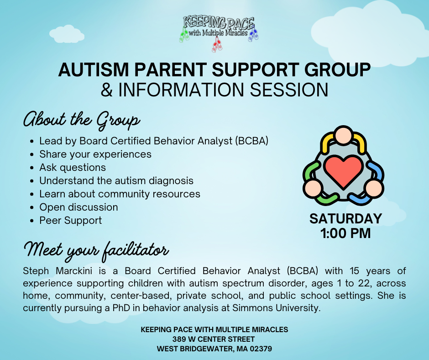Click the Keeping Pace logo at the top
tap(219, 33)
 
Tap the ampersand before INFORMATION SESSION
tap(106, 90)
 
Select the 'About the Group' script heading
tap(82, 121)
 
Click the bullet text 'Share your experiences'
tap(95, 154)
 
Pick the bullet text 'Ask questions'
tap(73, 167)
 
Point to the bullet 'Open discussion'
tap(78, 207)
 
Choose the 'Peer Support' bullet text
tap(71, 221)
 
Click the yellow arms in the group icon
tap(343, 143)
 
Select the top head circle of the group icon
tap(344, 135)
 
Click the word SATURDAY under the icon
tap(345, 219)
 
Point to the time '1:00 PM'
tap(345, 233)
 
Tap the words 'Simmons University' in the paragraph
tap(276, 308)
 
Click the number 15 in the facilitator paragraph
tap(354, 271)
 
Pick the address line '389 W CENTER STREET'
tap(214, 339)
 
